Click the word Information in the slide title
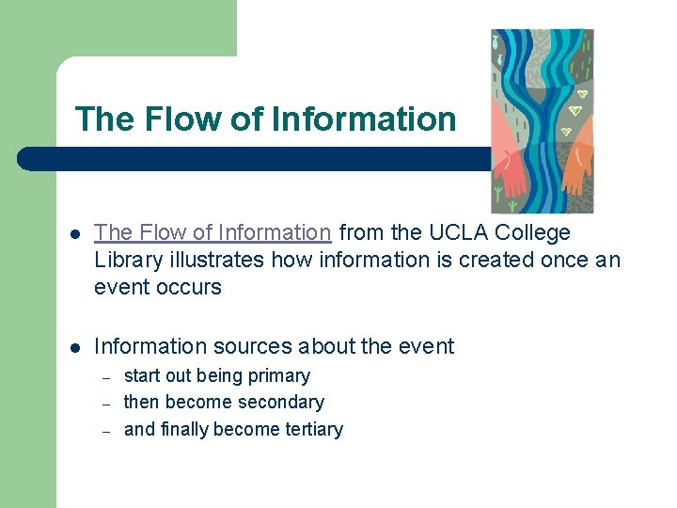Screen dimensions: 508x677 tap(363, 119)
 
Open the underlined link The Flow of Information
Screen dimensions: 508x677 tap(213, 232)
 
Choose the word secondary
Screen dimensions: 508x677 tap(279, 402)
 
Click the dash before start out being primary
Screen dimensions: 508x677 tap(107, 376)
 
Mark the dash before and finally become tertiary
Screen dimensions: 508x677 tap(107, 430)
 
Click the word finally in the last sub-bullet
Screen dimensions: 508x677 tap(183, 429)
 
